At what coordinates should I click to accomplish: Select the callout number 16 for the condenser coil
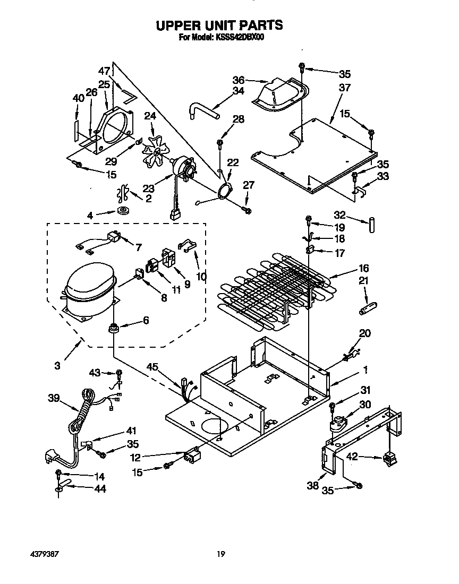(x=363, y=268)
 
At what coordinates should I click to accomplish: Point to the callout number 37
(x=345, y=88)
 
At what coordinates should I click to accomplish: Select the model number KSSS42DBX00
(x=241, y=37)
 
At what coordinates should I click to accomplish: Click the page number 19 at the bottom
(x=220, y=554)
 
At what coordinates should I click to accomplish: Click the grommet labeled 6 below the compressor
(x=113, y=329)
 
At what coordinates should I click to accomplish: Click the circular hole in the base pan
(x=211, y=425)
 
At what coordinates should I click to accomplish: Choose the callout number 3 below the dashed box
(x=57, y=365)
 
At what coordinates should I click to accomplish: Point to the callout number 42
(x=352, y=456)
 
